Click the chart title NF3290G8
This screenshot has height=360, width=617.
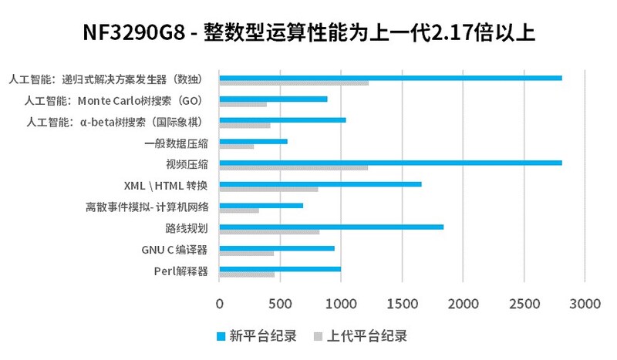pyautogui.click(x=308, y=34)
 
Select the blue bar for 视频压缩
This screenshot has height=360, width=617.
pyautogui.click(x=390, y=163)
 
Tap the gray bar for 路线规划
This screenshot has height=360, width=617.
pyautogui.click(x=269, y=232)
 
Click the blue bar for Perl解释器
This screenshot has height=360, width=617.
pyautogui.click(x=280, y=269)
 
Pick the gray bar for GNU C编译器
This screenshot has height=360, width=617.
pyautogui.click(x=247, y=254)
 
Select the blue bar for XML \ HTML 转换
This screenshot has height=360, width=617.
pyautogui.click(x=320, y=184)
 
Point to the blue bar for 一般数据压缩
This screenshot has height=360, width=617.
pyautogui.click(x=253, y=141)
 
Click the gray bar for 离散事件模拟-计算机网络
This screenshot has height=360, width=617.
pyautogui.click(x=239, y=210)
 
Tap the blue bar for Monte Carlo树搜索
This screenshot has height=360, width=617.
pyautogui.click(x=273, y=99)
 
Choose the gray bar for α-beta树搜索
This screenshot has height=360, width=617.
pyautogui.click(x=244, y=125)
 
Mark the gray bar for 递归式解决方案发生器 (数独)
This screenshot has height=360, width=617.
pyautogui.click(x=294, y=82)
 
